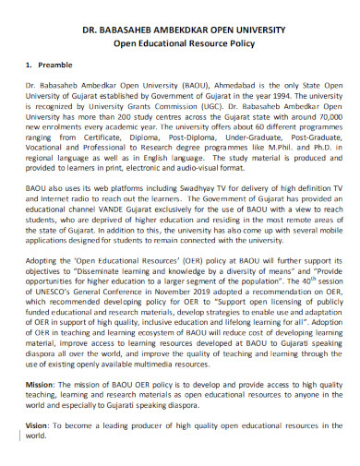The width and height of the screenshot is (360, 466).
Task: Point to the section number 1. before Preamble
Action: click(x=30, y=66)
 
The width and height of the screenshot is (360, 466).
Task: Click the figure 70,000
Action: click(x=315, y=120)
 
